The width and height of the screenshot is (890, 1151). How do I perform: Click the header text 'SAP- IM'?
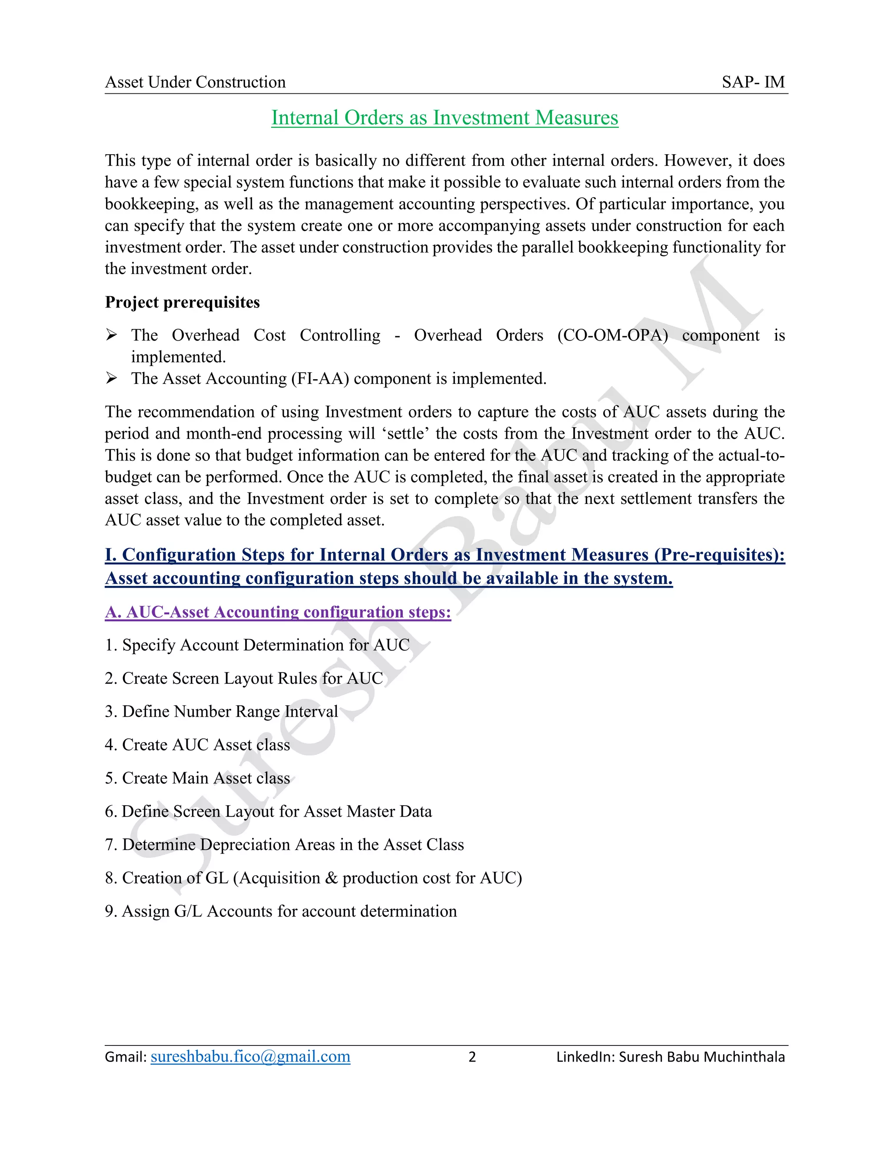click(x=753, y=82)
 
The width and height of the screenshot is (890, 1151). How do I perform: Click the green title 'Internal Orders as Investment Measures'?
click(x=445, y=118)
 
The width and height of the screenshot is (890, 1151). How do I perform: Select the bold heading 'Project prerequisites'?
click(x=182, y=302)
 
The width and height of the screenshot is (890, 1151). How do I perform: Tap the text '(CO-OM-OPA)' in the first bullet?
click(x=612, y=335)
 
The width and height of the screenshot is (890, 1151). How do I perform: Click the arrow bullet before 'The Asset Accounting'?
click(x=111, y=378)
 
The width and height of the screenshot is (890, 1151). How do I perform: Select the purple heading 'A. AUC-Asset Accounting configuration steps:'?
click(x=278, y=612)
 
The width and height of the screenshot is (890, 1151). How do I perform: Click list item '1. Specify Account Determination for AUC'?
click(x=257, y=645)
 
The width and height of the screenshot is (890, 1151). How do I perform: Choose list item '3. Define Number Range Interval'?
click(x=222, y=711)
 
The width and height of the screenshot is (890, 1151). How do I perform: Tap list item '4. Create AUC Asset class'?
click(x=197, y=744)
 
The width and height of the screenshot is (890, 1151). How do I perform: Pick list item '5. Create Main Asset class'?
click(x=197, y=778)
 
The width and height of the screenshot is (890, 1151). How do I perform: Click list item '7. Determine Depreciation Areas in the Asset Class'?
click(x=284, y=844)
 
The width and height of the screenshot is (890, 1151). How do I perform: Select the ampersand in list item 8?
click(x=331, y=878)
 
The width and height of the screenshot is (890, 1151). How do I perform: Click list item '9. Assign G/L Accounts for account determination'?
click(x=280, y=911)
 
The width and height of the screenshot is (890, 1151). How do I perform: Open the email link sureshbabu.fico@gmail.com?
click(x=250, y=1057)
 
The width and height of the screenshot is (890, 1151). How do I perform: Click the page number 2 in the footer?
click(x=472, y=1057)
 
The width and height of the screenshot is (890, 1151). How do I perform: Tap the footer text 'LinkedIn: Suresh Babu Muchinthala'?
click(x=670, y=1057)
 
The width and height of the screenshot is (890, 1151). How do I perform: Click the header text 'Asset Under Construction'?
click(x=195, y=82)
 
